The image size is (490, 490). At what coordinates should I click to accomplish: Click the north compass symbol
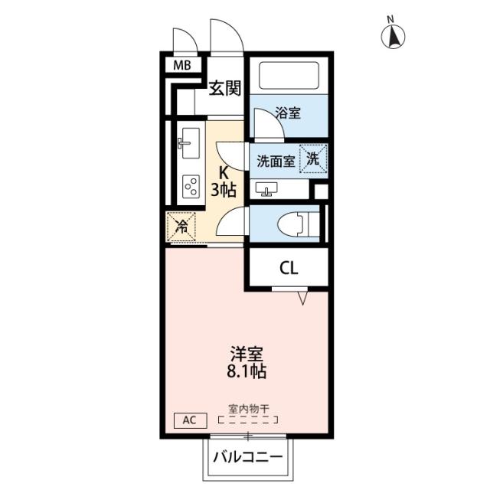[x=394, y=34]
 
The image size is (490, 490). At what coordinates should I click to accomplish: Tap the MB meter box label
[x=181, y=65]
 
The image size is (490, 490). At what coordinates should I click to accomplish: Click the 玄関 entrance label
[x=227, y=89]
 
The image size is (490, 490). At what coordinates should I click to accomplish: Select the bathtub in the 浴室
[x=292, y=75]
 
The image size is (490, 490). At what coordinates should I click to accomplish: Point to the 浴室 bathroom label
[x=289, y=113]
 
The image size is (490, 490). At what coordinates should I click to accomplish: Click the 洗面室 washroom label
[x=274, y=162]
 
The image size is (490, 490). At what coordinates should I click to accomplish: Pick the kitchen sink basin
[x=189, y=142]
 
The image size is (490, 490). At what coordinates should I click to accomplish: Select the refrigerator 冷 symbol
[x=182, y=226]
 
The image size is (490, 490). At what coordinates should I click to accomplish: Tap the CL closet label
[x=288, y=268]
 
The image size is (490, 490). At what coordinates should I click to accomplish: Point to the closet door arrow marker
[x=304, y=297]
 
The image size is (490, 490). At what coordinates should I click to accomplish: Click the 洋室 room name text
[x=247, y=355]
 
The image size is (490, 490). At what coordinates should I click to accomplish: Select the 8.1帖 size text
[x=247, y=374]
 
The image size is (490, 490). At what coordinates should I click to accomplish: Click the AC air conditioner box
[x=190, y=420]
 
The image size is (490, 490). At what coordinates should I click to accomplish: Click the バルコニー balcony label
[x=247, y=457]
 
